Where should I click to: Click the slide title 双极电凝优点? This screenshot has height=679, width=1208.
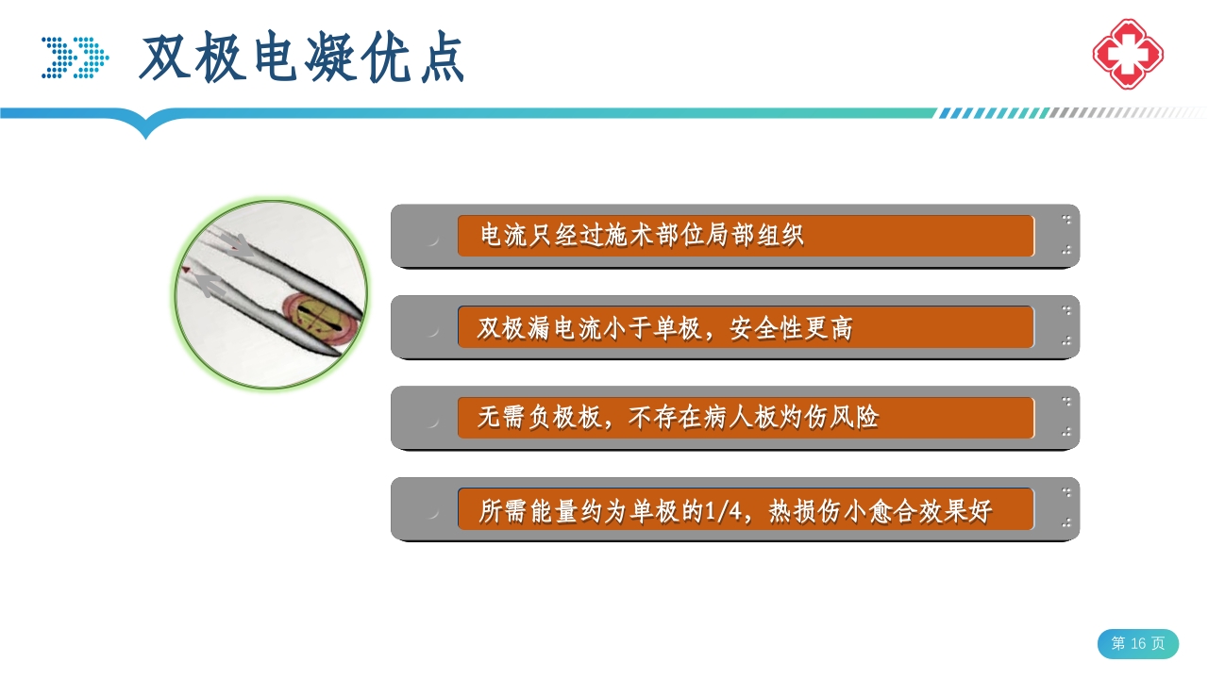302,58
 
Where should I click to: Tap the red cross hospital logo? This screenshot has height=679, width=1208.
1128,54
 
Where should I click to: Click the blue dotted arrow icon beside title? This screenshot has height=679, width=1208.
75,58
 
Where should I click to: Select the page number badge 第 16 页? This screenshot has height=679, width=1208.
1137,643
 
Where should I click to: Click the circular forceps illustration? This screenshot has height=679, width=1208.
271,293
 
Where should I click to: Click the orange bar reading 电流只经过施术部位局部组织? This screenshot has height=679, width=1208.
746,236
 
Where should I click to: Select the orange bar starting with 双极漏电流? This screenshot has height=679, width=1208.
746,327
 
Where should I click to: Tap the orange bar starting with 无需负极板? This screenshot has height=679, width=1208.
746,418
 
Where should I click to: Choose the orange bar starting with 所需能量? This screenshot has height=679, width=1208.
746,509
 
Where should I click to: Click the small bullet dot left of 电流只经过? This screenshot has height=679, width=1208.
432,240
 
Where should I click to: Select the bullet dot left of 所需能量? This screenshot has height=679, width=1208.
432,513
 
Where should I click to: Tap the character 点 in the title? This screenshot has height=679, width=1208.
441,59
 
